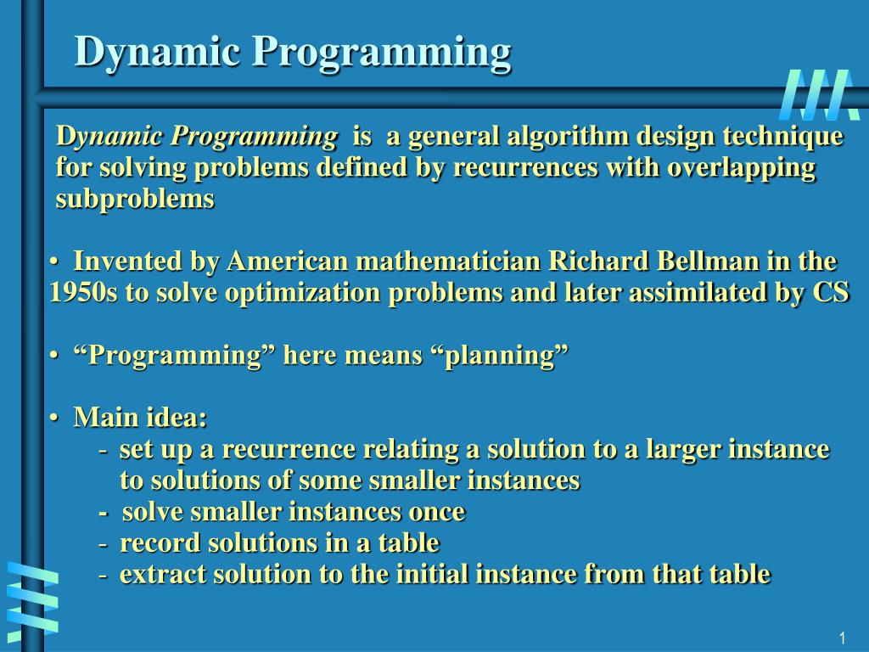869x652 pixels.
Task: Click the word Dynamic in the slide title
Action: tap(157, 52)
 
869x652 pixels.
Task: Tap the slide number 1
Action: tap(842, 638)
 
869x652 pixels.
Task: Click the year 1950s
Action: tap(83, 292)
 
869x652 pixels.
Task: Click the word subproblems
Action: tap(135, 199)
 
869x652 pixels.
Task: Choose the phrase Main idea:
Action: tap(140, 418)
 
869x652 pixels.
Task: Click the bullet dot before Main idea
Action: tap(54, 419)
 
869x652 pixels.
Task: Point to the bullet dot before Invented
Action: tap(54, 262)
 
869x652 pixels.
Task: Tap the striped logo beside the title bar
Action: tap(819, 95)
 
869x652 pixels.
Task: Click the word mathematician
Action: tap(448, 261)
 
